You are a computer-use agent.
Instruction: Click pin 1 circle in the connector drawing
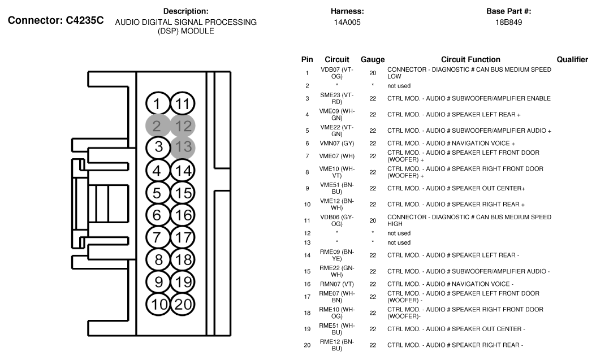point(158,104)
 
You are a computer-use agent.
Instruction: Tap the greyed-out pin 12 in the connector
point(183,126)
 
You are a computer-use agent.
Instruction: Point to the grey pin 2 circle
point(158,126)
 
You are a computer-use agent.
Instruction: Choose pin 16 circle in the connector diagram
point(183,215)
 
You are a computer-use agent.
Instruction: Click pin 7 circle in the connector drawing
point(158,237)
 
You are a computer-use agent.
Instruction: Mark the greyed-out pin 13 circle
point(183,148)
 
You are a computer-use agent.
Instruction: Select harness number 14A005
point(347,23)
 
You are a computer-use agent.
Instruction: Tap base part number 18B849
point(508,23)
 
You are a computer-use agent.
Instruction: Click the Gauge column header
point(373,59)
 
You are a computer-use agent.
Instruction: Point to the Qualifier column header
point(572,59)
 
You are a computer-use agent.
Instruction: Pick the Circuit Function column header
point(470,59)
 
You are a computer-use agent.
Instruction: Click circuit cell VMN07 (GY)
point(336,144)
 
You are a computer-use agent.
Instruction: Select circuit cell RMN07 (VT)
point(336,284)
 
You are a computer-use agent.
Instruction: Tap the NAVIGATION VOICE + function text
point(451,144)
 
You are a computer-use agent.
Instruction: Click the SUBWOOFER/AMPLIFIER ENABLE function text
point(469,98)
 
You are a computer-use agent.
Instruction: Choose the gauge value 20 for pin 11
point(373,220)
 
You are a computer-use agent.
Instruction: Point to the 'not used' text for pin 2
point(399,86)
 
